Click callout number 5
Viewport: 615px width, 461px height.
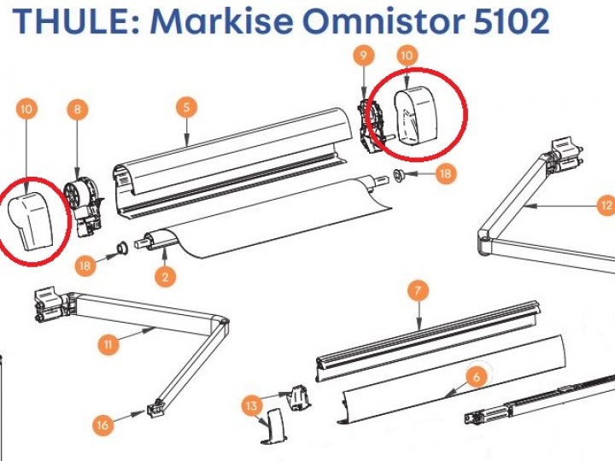coord(186,108)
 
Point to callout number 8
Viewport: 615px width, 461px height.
coord(78,109)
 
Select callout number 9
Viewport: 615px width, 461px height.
coord(364,55)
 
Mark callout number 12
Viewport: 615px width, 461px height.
coord(606,205)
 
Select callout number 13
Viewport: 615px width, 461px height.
coord(252,406)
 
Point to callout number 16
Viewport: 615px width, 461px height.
coord(102,424)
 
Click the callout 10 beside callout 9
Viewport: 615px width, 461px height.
coord(407,55)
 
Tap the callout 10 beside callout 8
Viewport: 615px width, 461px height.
coord(26,109)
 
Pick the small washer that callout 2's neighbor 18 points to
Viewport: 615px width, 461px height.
coord(122,249)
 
